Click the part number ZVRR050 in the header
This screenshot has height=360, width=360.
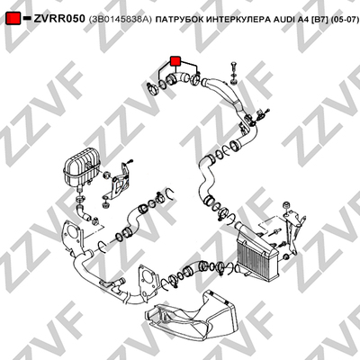(x=59, y=19)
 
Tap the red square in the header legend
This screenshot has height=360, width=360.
(x=13, y=19)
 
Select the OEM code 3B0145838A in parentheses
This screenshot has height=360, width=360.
(x=121, y=20)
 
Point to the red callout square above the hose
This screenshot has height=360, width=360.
(x=175, y=60)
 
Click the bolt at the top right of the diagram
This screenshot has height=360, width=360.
(x=234, y=74)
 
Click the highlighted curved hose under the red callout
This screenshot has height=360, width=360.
(x=179, y=78)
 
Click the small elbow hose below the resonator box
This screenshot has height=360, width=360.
(x=84, y=212)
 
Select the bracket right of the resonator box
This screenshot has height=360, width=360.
(x=119, y=183)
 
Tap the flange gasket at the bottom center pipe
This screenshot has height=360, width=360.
(x=148, y=282)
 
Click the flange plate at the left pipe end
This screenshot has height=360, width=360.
(x=72, y=236)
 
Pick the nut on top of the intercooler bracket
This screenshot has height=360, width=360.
(x=286, y=205)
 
